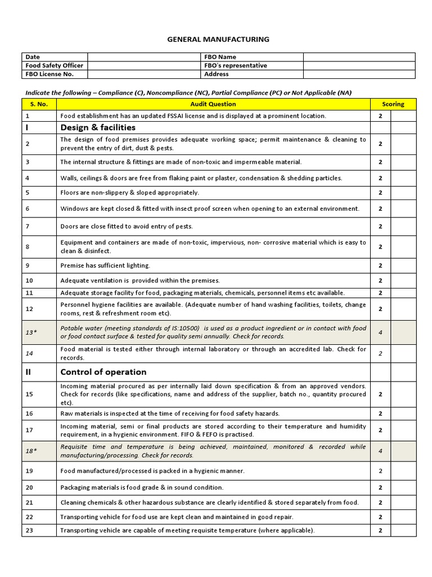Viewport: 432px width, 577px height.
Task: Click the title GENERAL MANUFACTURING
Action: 218,39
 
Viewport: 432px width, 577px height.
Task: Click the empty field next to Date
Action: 143,57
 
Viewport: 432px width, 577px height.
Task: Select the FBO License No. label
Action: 49,74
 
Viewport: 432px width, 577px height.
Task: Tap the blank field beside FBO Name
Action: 359,57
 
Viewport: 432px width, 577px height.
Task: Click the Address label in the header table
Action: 217,74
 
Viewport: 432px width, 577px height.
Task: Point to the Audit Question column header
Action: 213,104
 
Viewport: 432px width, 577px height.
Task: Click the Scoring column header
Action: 393,104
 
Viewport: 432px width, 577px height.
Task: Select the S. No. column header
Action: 39,104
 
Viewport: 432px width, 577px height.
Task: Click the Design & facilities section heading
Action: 98,128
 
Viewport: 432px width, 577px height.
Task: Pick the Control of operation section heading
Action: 103,372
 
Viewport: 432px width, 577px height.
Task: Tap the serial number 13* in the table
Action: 31,332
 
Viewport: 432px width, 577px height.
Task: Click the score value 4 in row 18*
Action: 380,451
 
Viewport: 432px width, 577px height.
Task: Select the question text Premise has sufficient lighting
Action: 105,265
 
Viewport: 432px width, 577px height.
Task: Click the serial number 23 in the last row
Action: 29,530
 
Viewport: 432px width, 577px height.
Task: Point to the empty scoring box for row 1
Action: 403,116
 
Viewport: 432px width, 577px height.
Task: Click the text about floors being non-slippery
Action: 129,192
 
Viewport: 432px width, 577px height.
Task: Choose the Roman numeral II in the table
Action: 28,372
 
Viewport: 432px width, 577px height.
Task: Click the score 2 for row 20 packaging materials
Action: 380,487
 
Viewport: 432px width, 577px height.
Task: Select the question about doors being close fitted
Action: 127,227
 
